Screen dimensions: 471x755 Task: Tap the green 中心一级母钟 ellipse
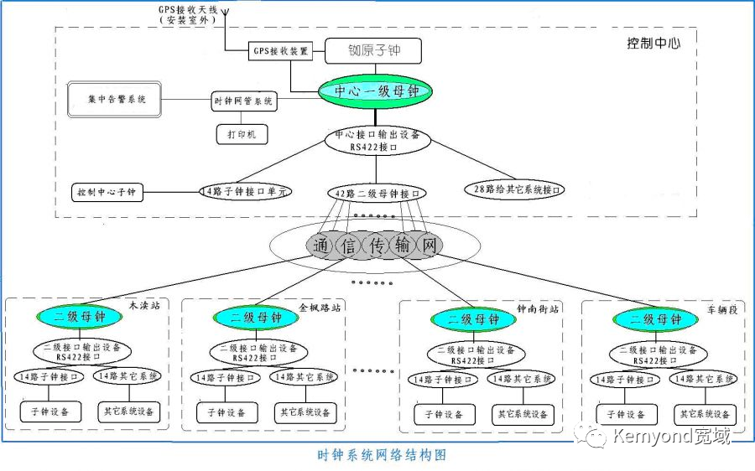pyautogui.click(x=374, y=91)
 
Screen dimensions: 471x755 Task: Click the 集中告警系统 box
pyautogui.click(x=116, y=100)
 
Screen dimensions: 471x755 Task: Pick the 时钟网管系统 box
pyautogui.click(x=242, y=101)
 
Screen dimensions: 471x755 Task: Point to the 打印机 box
pyautogui.click(x=242, y=133)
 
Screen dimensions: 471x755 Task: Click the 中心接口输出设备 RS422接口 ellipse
pyautogui.click(x=377, y=139)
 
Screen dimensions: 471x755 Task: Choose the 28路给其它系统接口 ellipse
pyautogui.click(x=513, y=190)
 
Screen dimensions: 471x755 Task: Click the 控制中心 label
pyautogui.click(x=653, y=43)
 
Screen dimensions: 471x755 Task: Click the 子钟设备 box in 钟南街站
pyautogui.click(x=444, y=414)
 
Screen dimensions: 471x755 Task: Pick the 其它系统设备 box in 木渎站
pyautogui.click(x=128, y=411)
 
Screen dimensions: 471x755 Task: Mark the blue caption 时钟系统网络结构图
pyautogui.click(x=382, y=455)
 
